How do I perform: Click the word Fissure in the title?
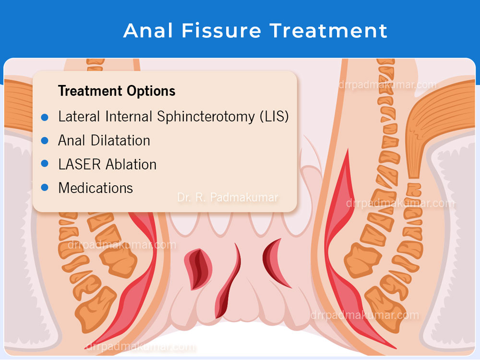pos(221,31)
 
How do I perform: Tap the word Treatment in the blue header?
pos(328,31)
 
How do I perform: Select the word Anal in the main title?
pos(148,31)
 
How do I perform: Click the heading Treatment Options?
pos(117,91)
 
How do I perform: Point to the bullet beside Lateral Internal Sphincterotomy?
pos(45,117)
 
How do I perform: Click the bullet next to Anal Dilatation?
pos(45,141)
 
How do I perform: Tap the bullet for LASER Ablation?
pos(45,164)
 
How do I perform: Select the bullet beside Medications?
pos(45,187)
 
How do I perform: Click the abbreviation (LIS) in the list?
pos(274,117)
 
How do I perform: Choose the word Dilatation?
pos(120,141)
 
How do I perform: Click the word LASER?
pos(79,164)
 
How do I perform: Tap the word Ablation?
pos(131,164)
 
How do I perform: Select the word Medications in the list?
pos(96,188)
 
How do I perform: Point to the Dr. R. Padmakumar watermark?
pos(228,197)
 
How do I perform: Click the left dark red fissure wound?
pos(198,269)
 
